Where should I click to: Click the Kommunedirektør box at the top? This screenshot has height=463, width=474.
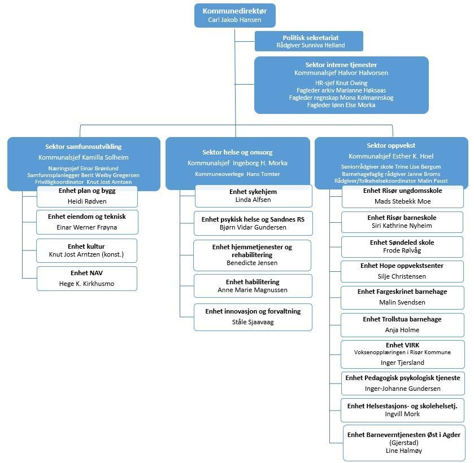[x=234, y=15]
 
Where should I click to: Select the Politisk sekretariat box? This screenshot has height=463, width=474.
[x=310, y=41]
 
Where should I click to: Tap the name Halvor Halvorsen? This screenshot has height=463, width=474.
[x=367, y=73]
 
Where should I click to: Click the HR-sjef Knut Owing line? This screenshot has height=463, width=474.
[x=341, y=83]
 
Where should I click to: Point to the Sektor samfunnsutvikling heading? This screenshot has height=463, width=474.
[x=83, y=147]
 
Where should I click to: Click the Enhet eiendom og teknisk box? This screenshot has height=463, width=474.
[x=87, y=222]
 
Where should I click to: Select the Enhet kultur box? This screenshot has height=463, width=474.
[x=87, y=250]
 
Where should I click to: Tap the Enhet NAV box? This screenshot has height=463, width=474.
[x=87, y=279]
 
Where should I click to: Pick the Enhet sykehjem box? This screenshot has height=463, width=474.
[x=253, y=196]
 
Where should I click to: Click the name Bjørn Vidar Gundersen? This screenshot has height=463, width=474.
[x=253, y=227]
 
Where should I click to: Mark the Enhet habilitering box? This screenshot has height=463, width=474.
[x=253, y=285]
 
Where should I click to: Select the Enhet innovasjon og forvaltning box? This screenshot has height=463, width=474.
[x=253, y=316]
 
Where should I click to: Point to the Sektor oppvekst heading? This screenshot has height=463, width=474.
[x=391, y=145]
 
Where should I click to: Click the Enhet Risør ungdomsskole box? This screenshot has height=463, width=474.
[x=402, y=196]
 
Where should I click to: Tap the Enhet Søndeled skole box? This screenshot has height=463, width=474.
[x=402, y=247]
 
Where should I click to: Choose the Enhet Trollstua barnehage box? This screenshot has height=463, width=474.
[x=402, y=324]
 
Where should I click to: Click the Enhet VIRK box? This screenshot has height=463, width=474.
[x=402, y=354]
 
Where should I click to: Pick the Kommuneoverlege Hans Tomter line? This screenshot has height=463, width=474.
[x=237, y=174]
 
